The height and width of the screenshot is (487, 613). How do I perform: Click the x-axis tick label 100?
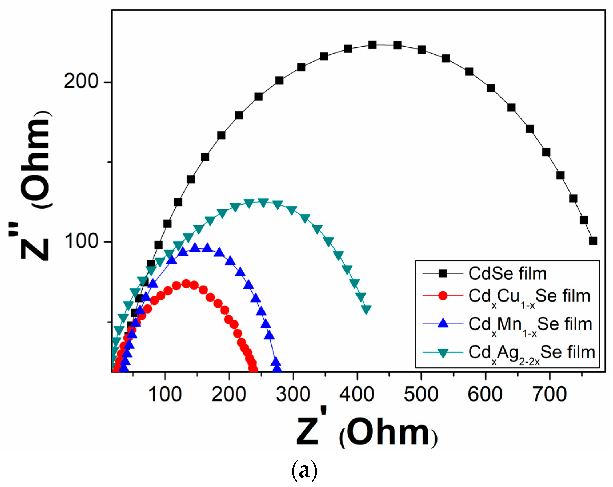(x=165, y=395)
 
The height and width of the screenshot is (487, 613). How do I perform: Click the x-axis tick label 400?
(x=357, y=395)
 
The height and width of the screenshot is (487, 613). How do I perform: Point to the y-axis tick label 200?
(x=81, y=81)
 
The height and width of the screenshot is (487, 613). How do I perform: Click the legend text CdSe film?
(x=508, y=274)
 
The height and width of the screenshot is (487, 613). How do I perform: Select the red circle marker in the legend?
(x=443, y=296)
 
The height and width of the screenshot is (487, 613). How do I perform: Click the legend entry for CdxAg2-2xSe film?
(x=532, y=353)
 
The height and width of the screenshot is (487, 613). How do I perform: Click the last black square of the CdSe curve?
(x=593, y=241)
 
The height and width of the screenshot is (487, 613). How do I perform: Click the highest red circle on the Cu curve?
(x=186, y=284)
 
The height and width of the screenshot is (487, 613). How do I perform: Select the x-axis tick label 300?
(x=293, y=395)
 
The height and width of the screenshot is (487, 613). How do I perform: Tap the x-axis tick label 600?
(x=485, y=395)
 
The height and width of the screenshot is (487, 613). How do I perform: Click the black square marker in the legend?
(x=443, y=274)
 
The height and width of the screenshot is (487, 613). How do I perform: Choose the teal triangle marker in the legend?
(x=443, y=353)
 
